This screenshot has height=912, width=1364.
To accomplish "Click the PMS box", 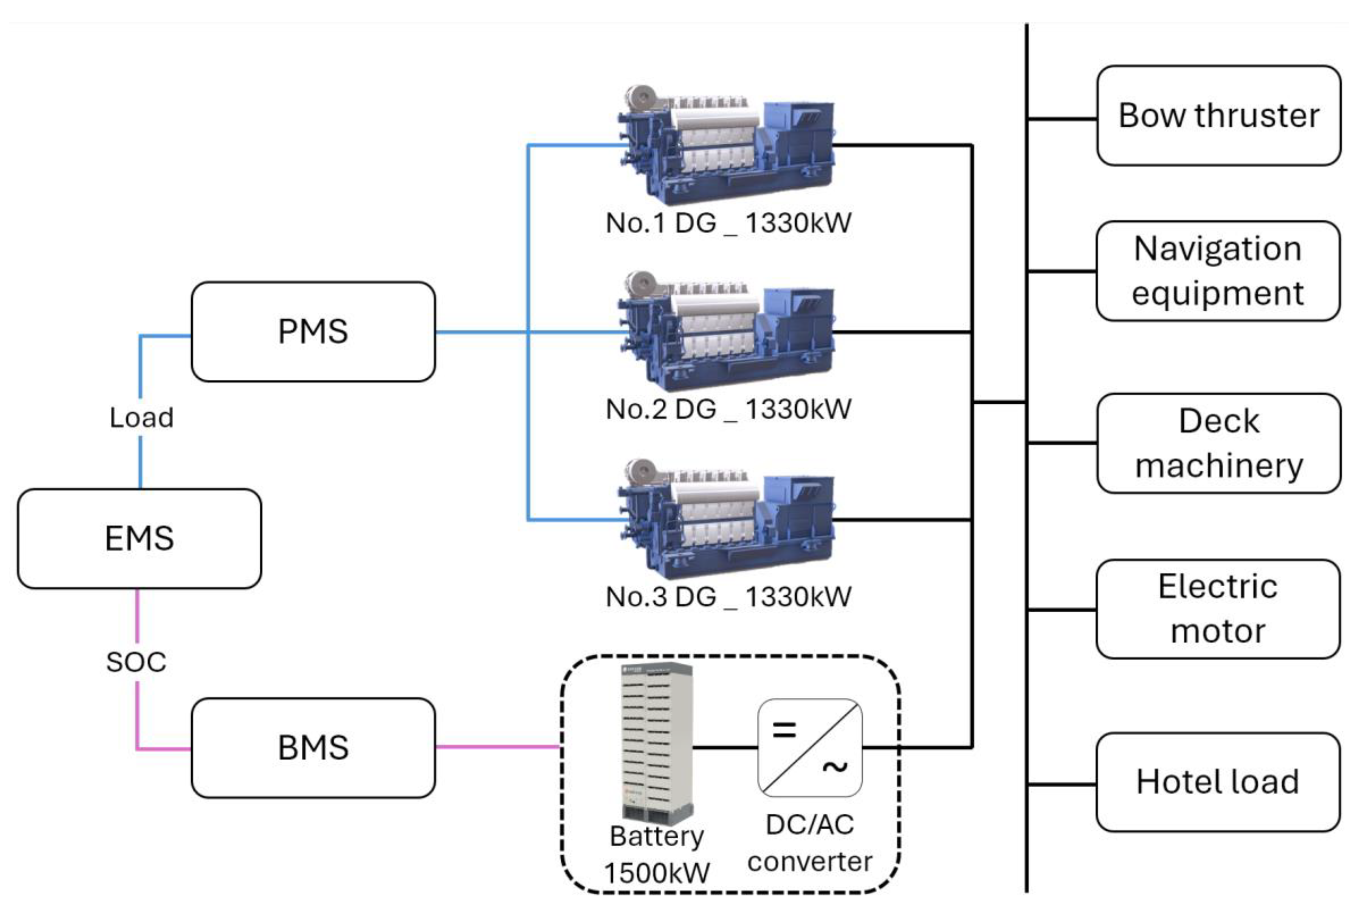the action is (x=313, y=331).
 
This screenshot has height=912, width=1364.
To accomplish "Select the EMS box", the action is (x=139, y=539).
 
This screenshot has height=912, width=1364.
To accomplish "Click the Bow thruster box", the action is (x=1218, y=116).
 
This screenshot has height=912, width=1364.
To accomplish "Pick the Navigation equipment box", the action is (x=1218, y=271).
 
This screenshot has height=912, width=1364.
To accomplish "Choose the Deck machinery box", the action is (x=1218, y=443).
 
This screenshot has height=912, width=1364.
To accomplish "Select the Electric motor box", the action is (x=1218, y=609).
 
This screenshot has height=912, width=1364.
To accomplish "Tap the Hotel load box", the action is (x=1218, y=782).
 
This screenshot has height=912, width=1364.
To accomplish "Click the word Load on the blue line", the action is (x=141, y=418).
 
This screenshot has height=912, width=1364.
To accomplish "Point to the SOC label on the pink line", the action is (x=136, y=662).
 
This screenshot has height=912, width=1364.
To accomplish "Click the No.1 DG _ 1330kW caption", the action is (x=728, y=223).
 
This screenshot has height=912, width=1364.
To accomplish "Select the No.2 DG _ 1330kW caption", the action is (x=728, y=409).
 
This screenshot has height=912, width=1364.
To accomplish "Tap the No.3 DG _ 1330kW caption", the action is (x=728, y=597).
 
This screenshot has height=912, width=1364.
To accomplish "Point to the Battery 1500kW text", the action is (x=657, y=855).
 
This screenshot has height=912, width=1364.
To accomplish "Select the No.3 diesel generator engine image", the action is (x=726, y=519).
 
